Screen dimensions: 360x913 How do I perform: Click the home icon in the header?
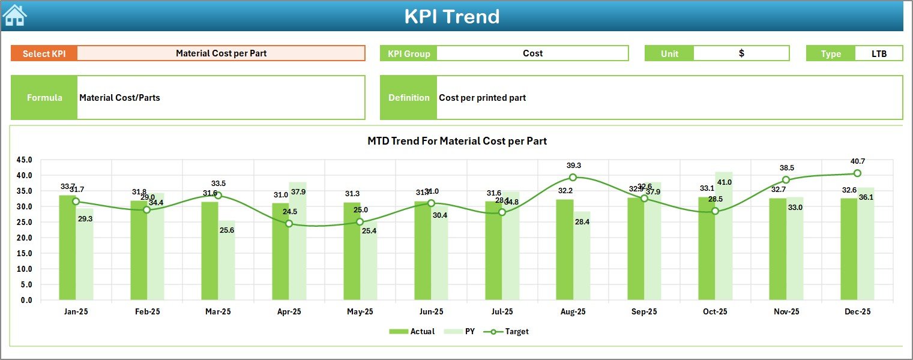coord(14,15)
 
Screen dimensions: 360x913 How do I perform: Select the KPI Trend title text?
coord(451,16)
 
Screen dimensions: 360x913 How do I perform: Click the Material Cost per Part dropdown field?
coord(221,53)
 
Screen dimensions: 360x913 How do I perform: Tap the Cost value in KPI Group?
coord(532,53)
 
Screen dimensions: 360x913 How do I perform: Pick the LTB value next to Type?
coord(879,53)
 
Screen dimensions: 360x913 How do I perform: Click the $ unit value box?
coord(741,53)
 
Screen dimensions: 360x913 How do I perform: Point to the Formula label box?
coord(44,98)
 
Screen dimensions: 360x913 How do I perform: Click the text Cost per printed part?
coord(482,98)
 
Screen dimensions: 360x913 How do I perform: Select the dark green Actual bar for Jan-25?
coord(67,248)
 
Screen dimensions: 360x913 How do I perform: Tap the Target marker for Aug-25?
coord(573,178)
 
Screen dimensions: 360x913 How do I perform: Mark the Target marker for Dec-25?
coord(857,173)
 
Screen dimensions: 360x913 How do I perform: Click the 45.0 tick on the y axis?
coord(25,160)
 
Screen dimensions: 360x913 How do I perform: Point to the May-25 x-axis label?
coord(360,312)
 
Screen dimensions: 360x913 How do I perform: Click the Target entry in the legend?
coord(510,331)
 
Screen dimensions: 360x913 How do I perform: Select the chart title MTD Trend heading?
coord(457,141)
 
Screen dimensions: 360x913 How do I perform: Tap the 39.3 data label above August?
coord(573,166)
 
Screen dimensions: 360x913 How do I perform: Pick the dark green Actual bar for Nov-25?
coord(778,249)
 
